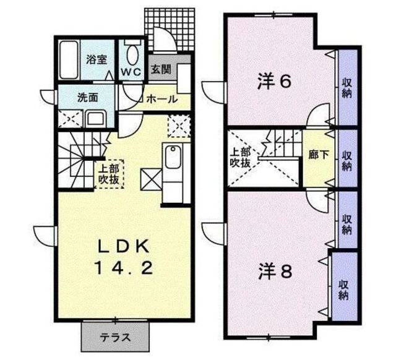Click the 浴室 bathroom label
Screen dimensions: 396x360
pos(97,60)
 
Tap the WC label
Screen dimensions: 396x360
pos(131,72)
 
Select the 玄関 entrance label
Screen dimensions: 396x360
pos(161,69)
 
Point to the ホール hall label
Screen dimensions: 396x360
pos(162,99)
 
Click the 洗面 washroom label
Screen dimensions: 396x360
pos(88,98)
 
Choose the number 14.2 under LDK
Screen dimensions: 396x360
pos(124,268)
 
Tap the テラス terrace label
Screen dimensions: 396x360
pos(116,337)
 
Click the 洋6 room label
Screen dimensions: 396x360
pos(274,82)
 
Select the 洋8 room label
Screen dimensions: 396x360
pos(275,272)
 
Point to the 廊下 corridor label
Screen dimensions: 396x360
pos(319,155)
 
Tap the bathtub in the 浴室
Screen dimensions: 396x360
pos(69,59)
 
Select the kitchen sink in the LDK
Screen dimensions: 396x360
pos(173,156)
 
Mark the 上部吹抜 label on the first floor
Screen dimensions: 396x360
pos(109,173)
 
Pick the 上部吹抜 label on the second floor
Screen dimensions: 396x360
pos(240,158)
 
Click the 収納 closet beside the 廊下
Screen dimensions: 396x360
pos(348,158)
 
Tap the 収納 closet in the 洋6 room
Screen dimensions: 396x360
pos(348,87)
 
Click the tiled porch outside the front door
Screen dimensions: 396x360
pos(170,30)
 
